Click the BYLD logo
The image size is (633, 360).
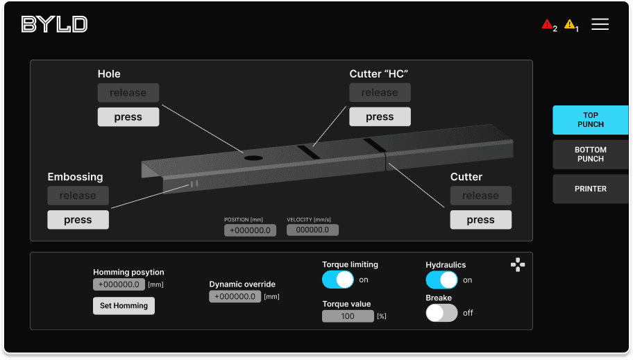54,24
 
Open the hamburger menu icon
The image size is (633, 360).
600,24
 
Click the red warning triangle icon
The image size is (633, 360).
547,25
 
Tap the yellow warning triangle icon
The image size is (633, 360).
569,25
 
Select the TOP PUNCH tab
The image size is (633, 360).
590,120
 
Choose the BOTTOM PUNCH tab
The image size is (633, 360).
590,154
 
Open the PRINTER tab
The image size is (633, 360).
590,189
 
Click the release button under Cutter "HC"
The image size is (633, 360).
380,93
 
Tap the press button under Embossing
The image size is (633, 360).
78,220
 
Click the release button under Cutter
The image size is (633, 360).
480,196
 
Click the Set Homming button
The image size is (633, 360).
124,306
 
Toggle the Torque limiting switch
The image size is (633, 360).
338,280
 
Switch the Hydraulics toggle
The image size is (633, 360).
441,280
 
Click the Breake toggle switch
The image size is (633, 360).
441,313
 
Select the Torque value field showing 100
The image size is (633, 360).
348,316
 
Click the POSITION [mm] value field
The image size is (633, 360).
250,230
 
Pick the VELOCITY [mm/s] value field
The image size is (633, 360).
312,230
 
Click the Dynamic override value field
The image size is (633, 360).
235,297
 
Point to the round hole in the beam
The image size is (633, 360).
253,158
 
